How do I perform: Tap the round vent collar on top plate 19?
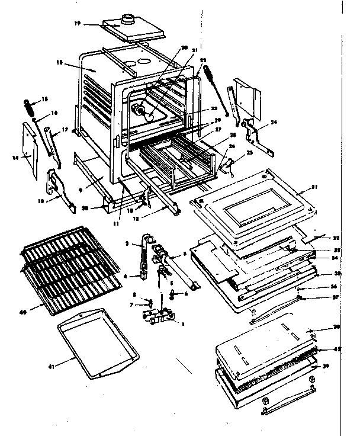[x=126, y=19]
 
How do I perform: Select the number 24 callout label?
[x=273, y=123]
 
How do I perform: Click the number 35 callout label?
[x=322, y=274]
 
